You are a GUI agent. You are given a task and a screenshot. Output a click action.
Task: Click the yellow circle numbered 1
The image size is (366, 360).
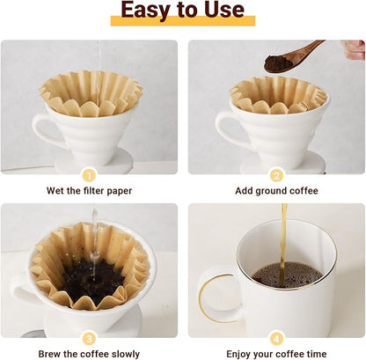pos(89,174)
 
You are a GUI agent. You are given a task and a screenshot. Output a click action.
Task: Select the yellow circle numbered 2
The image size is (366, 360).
pos(276,174)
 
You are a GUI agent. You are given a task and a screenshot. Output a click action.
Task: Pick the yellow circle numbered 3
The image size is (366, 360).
pos(89,338)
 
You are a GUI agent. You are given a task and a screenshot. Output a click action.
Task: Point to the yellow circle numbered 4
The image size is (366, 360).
pos(276,338)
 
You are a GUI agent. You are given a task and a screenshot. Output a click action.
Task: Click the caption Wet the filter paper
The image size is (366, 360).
pos(89,190)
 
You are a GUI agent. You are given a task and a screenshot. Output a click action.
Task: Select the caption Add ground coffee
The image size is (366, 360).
pos(276,190)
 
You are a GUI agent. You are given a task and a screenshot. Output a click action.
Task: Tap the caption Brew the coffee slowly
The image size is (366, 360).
pos(89,354)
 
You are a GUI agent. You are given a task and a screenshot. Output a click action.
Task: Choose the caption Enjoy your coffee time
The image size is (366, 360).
pos(276,354)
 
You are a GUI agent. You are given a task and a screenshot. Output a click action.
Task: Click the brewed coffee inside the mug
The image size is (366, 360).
pos(287,274)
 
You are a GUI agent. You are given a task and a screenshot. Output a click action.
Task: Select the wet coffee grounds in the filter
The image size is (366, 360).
pos(92,280)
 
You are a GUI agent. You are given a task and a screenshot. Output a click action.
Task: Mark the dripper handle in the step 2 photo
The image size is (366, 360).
pos(227,130)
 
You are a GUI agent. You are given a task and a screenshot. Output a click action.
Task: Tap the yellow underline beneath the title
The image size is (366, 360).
pos(182,22)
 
